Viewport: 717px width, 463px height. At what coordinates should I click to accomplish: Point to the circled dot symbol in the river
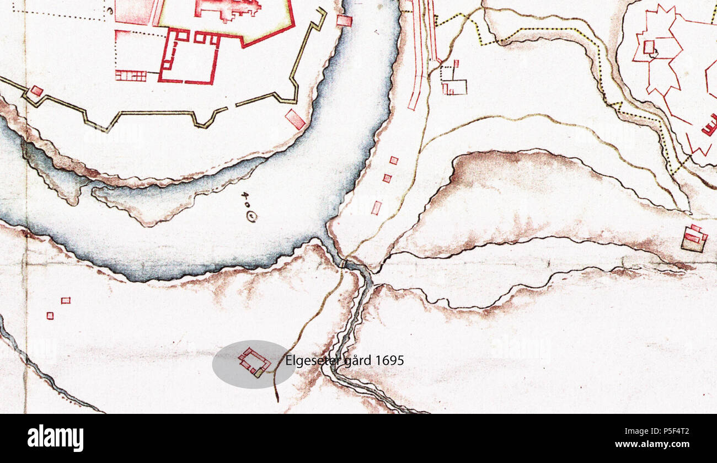[252, 217]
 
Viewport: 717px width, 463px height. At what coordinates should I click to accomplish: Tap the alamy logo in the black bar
[55, 438]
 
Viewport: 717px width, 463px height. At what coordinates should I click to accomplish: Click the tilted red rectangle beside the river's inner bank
[295, 119]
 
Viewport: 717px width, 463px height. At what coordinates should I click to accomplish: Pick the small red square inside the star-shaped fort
[649, 47]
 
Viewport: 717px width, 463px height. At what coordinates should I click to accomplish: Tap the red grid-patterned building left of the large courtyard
[131, 76]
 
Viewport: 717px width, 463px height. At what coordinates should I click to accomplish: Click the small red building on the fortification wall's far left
[36, 91]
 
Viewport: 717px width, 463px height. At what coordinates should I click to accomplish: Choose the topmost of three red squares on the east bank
[393, 161]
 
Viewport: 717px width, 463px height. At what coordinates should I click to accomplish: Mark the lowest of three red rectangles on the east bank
[377, 207]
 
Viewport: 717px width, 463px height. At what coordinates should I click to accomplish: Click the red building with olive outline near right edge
[694, 238]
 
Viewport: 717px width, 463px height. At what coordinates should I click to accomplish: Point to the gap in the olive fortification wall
[232, 106]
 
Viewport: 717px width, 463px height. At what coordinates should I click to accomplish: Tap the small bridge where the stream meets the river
[343, 264]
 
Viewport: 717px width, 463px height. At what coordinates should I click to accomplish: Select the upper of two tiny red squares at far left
[66, 300]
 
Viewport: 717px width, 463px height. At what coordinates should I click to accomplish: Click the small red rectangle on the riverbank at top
[344, 21]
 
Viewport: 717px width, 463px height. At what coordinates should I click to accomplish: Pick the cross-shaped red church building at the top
[227, 8]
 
